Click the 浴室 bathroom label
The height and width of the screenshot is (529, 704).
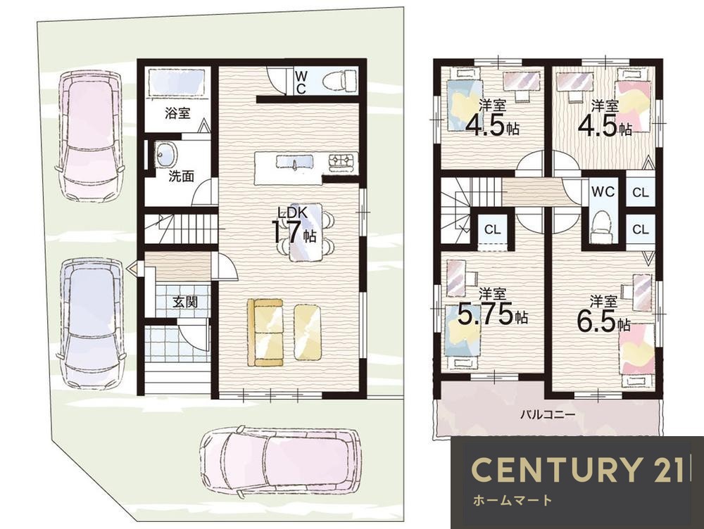pyautogui.click(x=177, y=113)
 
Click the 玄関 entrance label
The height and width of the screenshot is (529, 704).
pyautogui.click(x=185, y=302)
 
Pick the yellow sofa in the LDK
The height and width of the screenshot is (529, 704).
pyautogui.click(x=265, y=333)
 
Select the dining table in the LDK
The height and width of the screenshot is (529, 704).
pyautogui.click(x=305, y=232)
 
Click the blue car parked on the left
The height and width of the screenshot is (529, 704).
pyautogui.click(x=91, y=322)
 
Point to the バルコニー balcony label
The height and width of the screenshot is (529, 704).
pyautogui.click(x=547, y=414)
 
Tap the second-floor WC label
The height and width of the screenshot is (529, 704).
pyautogui.click(x=603, y=191)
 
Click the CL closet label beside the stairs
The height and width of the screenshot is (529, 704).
pyautogui.click(x=493, y=230)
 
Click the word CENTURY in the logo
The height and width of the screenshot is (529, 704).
pyautogui.click(x=555, y=470)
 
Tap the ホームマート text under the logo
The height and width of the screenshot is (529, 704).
pyautogui.click(x=512, y=500)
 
